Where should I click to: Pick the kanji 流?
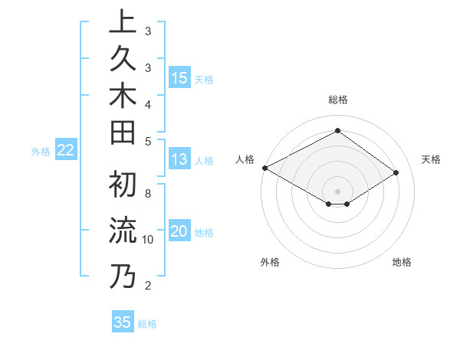pyautogui.click(x=123, y=231)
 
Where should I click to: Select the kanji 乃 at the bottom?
pyautogui.click(x=123, y=276)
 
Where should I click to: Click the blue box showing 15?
pyautogui.click(x=179, y=77)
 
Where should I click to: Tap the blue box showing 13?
pyautogui.click(x=179, y=159)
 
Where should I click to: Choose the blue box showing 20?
pyautogui.click(x=179, y=232)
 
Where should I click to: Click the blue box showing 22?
pyautogui.click(x=66, y=151)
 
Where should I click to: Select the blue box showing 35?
pyautogui.click(x=123, y=322)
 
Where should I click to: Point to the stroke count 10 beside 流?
pyautogui.click(x=148, y=240)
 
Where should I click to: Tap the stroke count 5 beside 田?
pyautogui.click(x=148, y=141)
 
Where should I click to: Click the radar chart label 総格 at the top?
pyautogui.click(x=337, y=100)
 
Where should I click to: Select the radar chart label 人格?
pyautogui.click(x=245, y=159)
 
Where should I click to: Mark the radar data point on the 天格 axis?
pyautogui.click(x=396, y=173)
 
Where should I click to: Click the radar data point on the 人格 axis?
pyautogui.click(x=264, y=168)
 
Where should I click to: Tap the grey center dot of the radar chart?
pyautogui.click(x=337, y=191)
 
